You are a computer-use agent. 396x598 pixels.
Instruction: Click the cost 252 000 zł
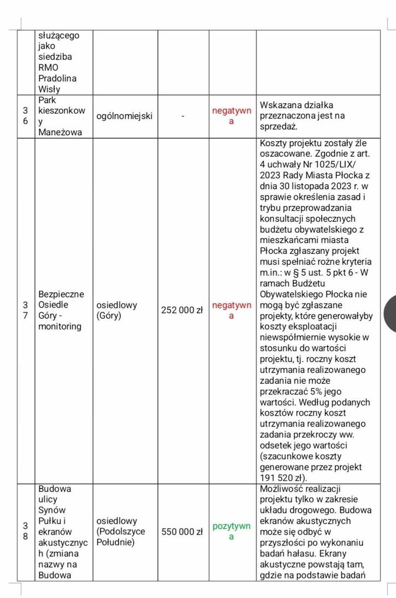tap(182, 310)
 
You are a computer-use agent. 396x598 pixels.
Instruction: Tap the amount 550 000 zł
tap(182, 531)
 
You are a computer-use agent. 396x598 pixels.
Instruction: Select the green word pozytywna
tap(231, 531)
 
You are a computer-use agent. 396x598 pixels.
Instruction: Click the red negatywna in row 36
tap(231, 116)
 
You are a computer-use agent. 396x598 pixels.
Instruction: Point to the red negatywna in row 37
tap(231, 310)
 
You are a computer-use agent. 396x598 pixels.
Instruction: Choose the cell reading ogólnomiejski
tap(124, 116)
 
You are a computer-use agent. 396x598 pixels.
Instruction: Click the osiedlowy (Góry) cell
tap(117, 310)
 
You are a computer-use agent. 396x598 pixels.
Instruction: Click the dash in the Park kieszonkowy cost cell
tap(183, 116)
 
